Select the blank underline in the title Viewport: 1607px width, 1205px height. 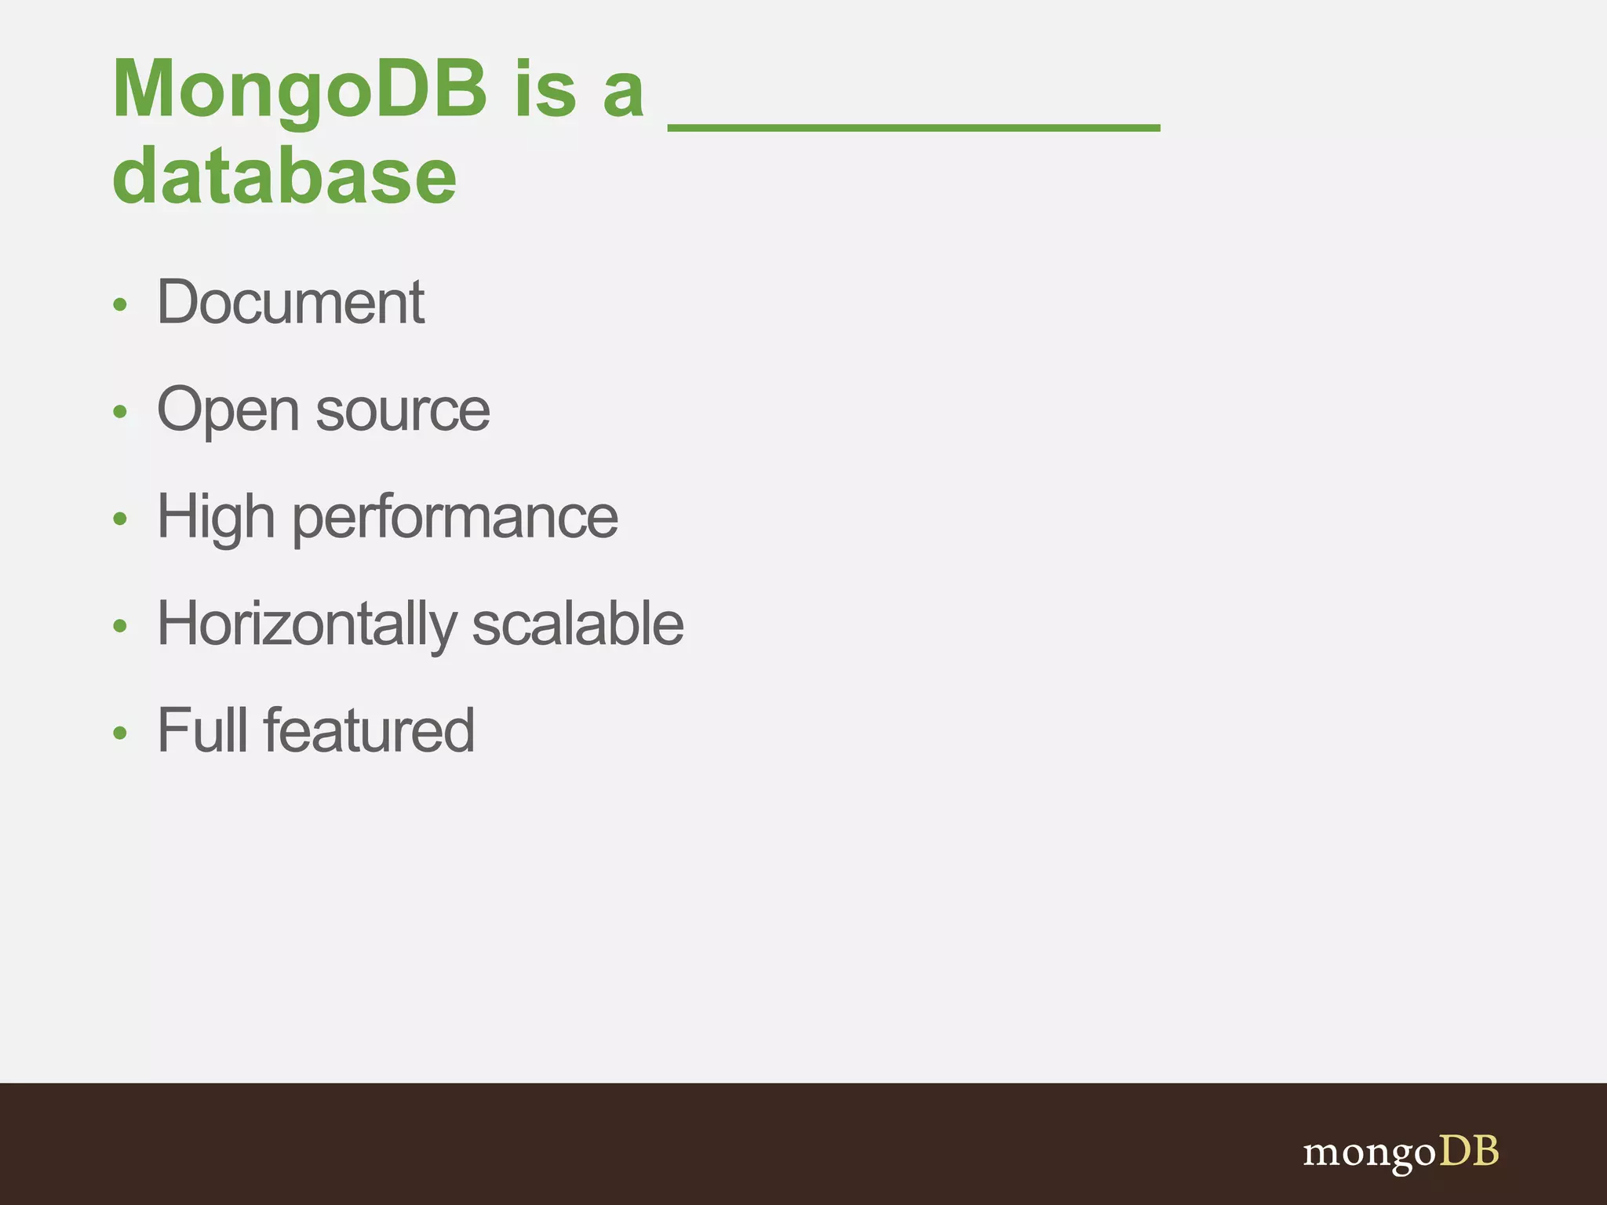tap(913, 126)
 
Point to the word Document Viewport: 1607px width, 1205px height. tap(290, 303)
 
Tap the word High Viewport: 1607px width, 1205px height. tap(216, 518)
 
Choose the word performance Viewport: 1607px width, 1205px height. tap(455, 518)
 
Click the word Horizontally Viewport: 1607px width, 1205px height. tap(306, 624)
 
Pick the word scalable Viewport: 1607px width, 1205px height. tap(578, 624)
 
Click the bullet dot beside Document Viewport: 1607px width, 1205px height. tap(119, 304)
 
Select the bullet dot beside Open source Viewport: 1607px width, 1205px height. tap(119, 412)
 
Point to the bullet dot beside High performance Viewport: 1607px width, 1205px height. tap(119, 519)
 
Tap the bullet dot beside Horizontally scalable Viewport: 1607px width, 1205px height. tap(119, 626)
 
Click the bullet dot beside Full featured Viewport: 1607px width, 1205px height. tap(119, 733)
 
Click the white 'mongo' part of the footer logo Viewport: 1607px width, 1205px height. tap(1369, 1154)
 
